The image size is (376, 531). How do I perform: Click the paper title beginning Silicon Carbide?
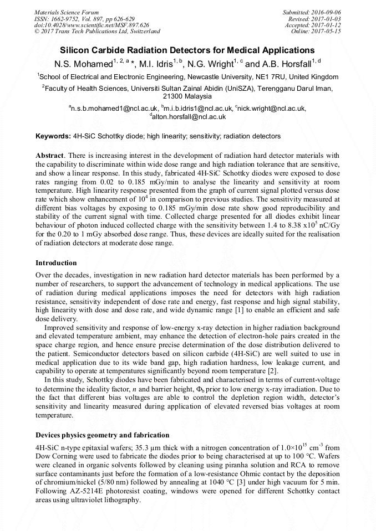pos(187,50)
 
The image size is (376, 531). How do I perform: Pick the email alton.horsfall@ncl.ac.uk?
pos(189,117)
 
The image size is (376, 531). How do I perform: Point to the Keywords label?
pos(53,136)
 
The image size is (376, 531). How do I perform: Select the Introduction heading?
pos(56,263)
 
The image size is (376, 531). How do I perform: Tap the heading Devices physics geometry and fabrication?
pos(103,435)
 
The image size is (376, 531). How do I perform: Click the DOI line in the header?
pos(92,25)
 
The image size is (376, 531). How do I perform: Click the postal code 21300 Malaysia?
pos(187,96)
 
